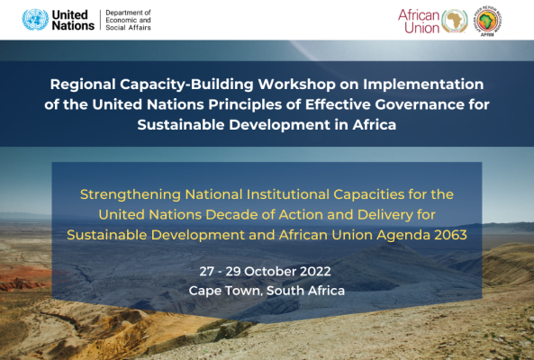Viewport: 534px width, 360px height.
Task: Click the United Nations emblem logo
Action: click(35, 20)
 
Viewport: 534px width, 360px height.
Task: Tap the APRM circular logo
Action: click(488, 21)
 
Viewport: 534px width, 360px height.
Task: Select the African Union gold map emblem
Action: click(455, 21)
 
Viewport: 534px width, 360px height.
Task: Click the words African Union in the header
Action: click(419, 21)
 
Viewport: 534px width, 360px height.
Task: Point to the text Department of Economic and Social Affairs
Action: click(128, 20)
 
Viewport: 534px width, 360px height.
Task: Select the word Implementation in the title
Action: click(423, 85)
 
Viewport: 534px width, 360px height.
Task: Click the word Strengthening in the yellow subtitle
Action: click(131, 194)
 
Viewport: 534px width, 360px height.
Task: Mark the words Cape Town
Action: click(225, 291)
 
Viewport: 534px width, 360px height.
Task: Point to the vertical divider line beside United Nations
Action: click(101, 20)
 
